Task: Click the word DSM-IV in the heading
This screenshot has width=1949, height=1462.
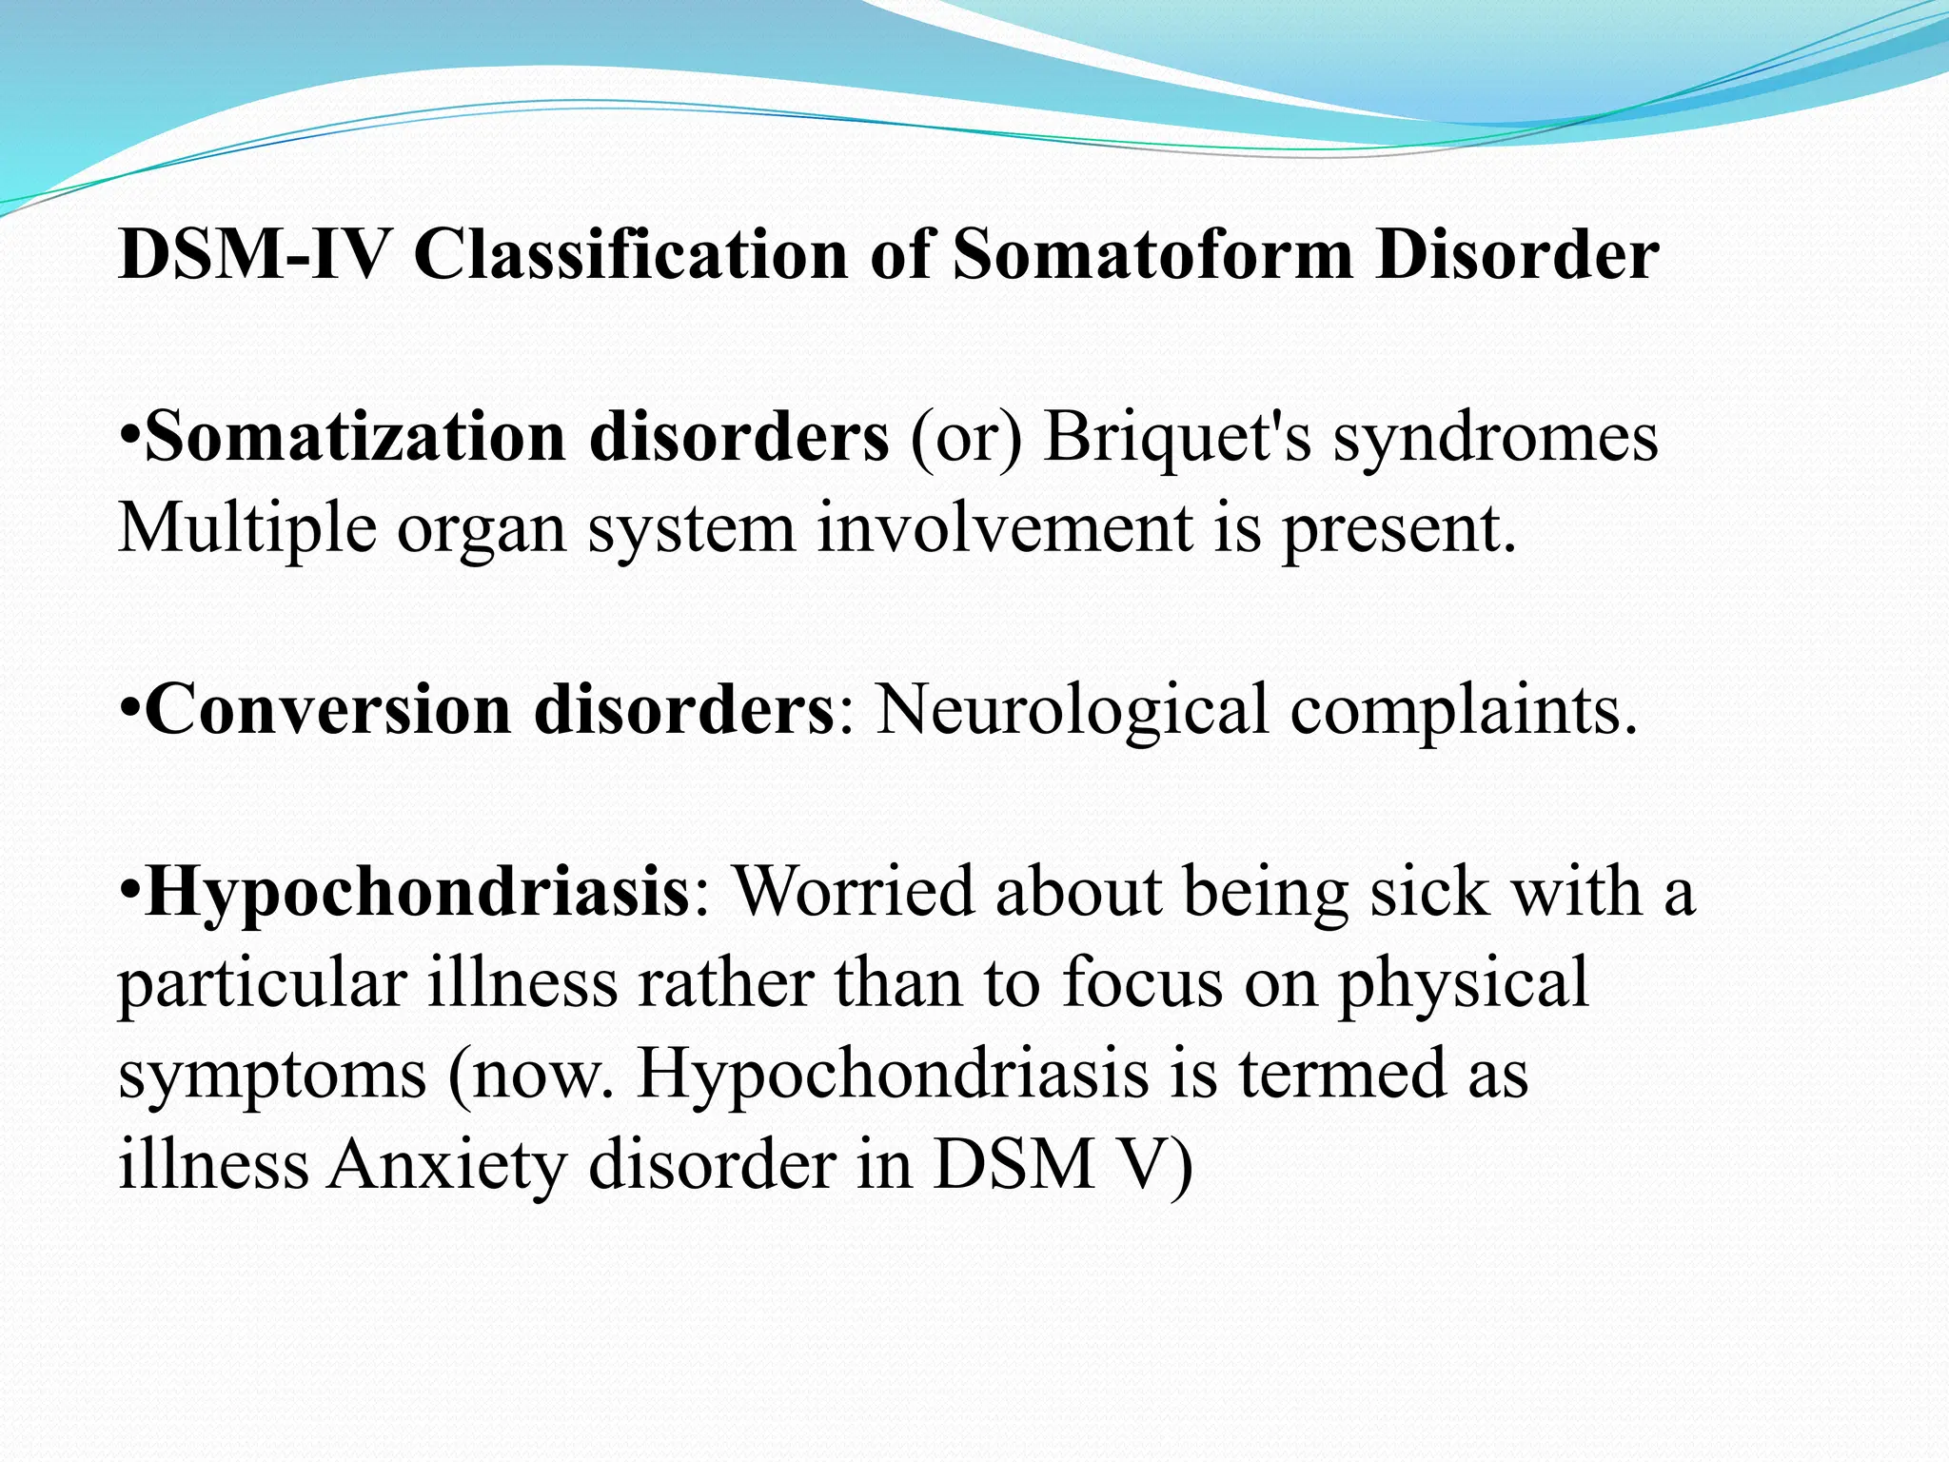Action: pos(254,254)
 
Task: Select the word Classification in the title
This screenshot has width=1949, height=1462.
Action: pos(629,254)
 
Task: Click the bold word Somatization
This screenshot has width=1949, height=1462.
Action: pos(355,437)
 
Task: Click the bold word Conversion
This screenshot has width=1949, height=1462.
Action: pos(327,709)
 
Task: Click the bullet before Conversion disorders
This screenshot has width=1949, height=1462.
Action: pos(130,709)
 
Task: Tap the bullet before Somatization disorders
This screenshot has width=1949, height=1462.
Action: pos(130,437)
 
